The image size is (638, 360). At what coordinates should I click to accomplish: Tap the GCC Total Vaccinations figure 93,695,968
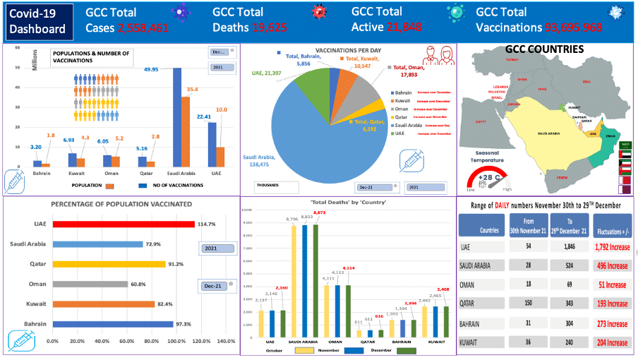(x=573, y=28)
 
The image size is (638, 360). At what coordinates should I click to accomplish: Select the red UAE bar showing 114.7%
(x=124, y=224)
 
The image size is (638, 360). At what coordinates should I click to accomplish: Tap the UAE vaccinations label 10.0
(x=221, y=110)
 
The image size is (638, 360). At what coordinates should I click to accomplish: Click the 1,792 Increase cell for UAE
(x=610, y=248)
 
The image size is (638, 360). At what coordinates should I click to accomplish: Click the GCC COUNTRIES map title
(x=544, y=50)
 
